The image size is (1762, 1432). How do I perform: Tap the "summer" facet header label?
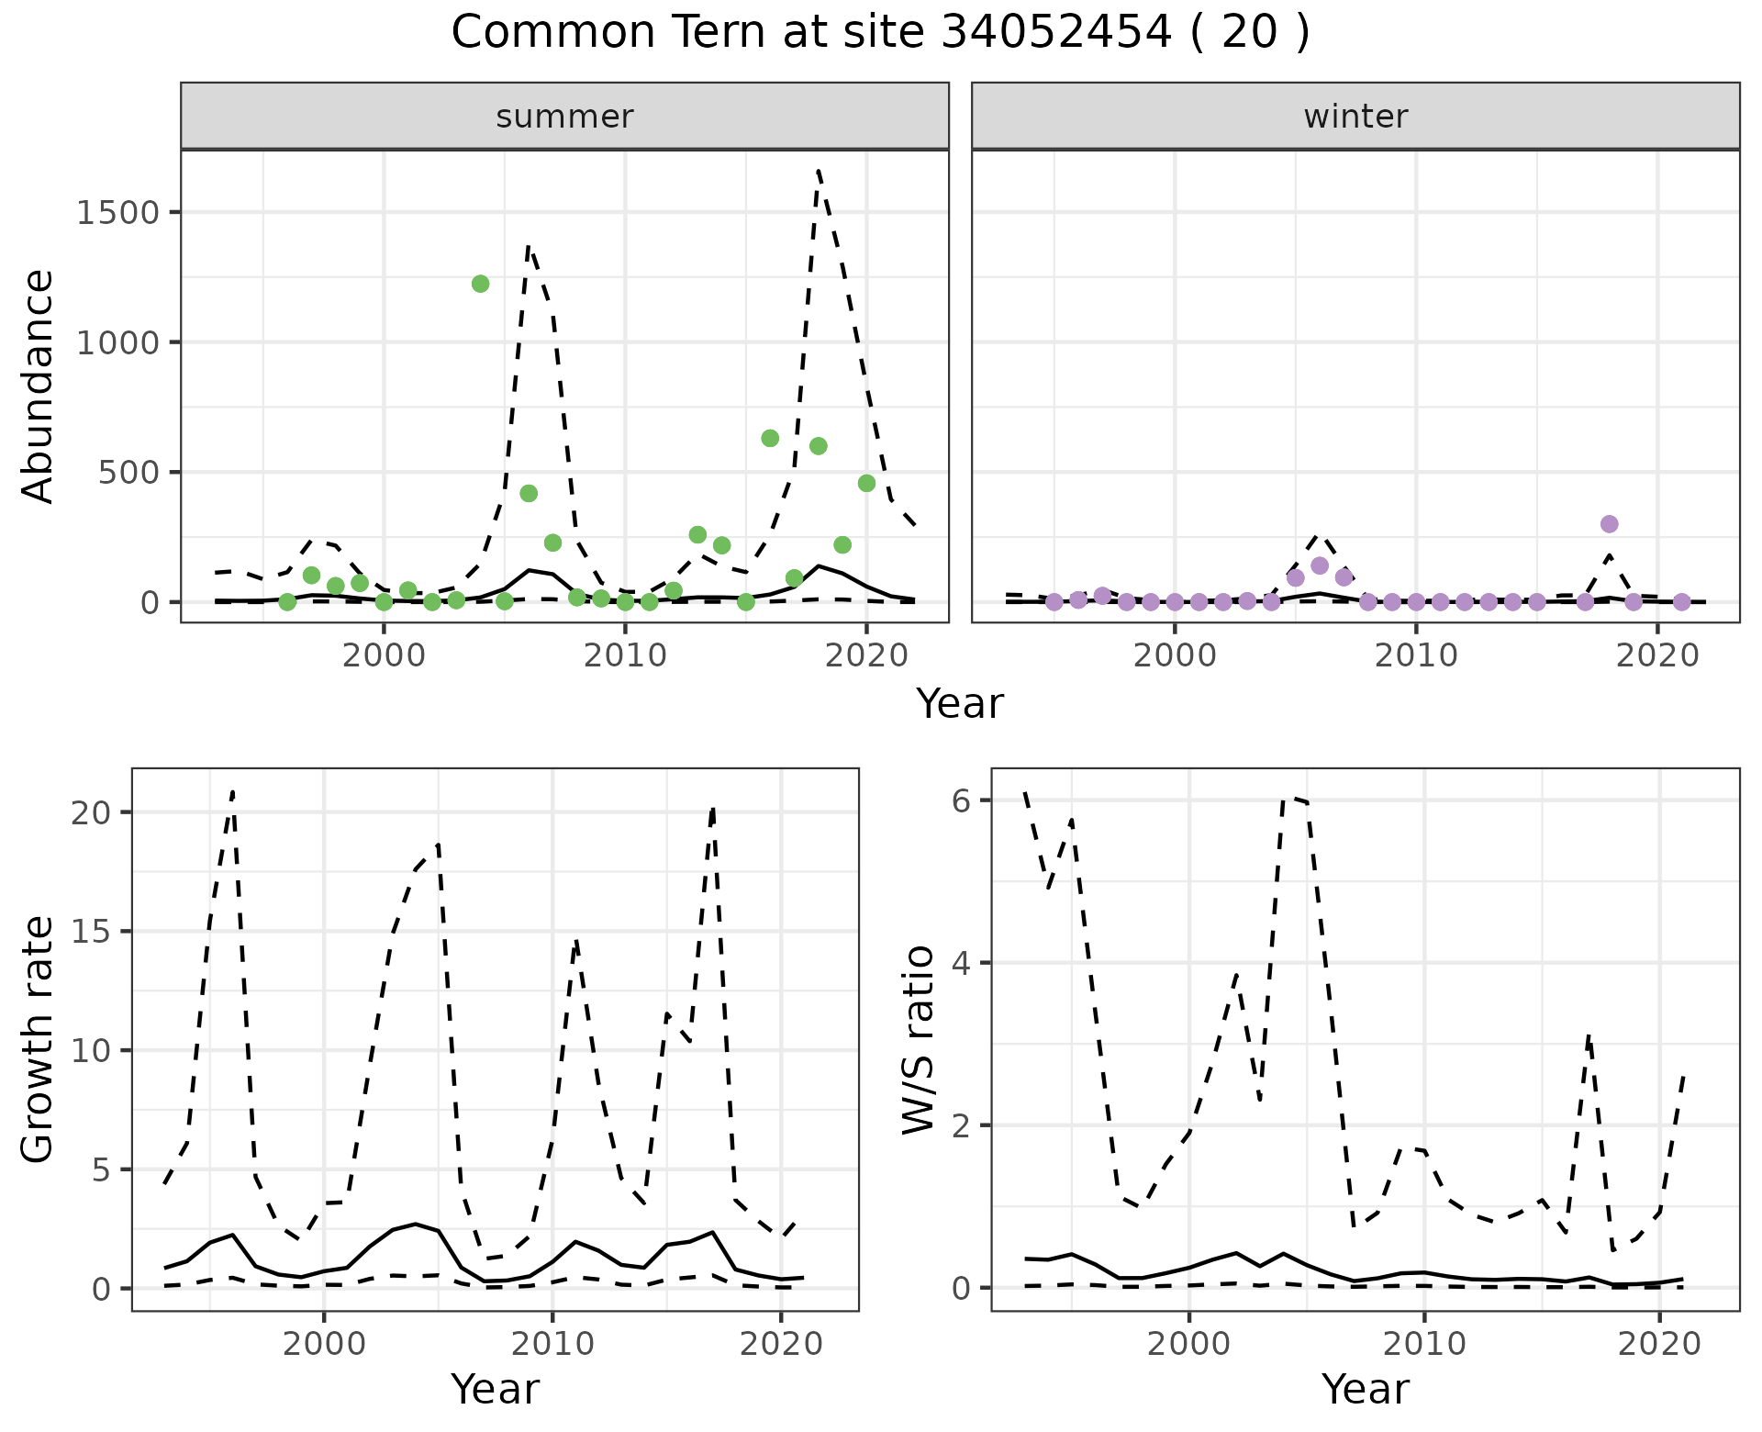click(x=564, y=117)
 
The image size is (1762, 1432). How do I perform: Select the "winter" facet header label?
click(x=1355, y=117)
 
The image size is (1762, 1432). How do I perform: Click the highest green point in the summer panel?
click(x=480, y=284)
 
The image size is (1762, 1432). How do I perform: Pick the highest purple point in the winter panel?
click(x=1609, y=524)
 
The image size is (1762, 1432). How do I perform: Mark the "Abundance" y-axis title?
click(x=39, y=386)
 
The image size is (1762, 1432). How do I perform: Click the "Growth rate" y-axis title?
click(x=39, y=1039)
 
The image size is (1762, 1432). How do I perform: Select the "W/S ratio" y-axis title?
click(x=918, y=1039)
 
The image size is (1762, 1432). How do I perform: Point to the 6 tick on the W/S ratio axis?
click(x=961, y=800)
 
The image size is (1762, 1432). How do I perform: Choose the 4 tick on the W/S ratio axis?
click(x=961, y=963)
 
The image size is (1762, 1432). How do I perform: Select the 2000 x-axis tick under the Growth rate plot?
click(x=323, y=1344)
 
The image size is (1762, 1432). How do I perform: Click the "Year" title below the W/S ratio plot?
click(x=1365, y=1390)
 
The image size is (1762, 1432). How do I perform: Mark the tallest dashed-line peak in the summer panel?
click(x=818, y=171)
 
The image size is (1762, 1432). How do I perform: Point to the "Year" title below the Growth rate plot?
click(x=495, y=1390)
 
